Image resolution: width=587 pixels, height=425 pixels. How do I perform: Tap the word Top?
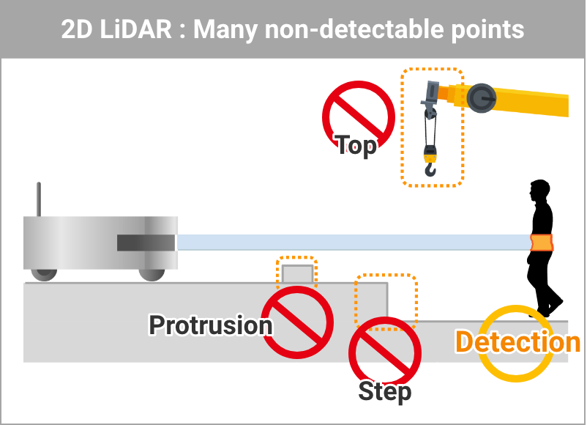pos(356,145)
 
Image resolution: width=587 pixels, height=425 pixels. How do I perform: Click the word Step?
pos(384,391)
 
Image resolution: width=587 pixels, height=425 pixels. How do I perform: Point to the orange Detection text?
pos(517,342)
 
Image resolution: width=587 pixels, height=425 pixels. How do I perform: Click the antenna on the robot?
pos(39,199)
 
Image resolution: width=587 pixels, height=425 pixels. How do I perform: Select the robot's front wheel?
pos(152,273)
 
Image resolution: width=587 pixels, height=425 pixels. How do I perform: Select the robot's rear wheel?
pos(44,273)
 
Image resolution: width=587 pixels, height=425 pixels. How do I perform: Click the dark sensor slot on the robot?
pos(146,243)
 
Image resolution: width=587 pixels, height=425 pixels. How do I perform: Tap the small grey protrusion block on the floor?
pos(297,274)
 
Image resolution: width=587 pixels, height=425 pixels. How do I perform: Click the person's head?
pos(540,190)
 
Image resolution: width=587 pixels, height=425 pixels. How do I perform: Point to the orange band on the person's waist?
pos(542,242)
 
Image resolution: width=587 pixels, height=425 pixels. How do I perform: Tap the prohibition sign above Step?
pos(384,350)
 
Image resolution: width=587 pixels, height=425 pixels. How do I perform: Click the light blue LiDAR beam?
pos(351,243)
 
